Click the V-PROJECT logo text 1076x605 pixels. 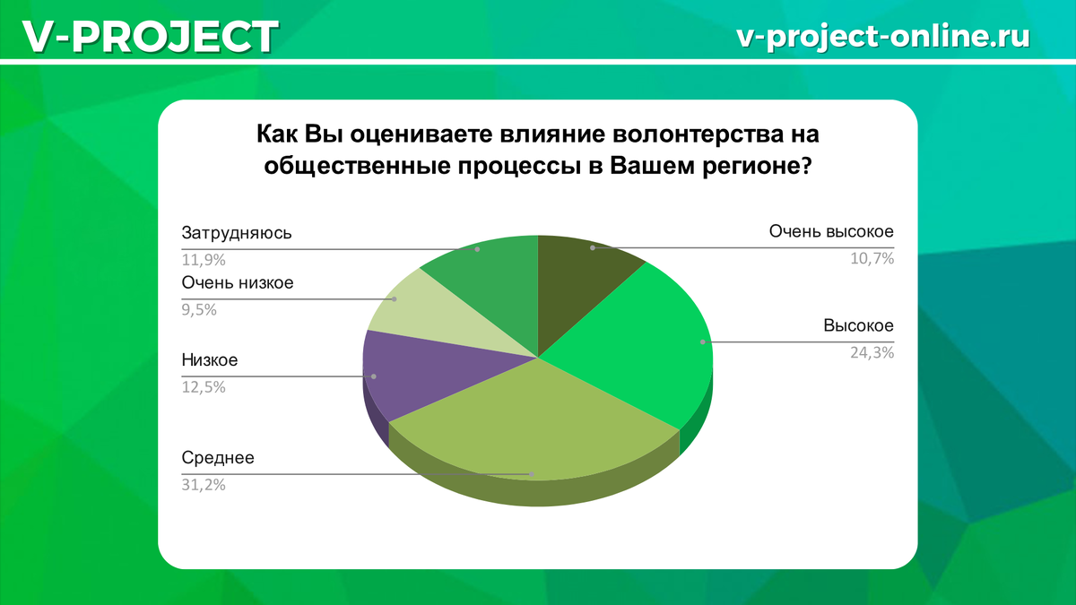tap(150, 37)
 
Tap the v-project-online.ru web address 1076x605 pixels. tap(883, 36)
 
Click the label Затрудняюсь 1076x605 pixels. tap(237, 233)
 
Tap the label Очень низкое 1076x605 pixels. tap(238, 282)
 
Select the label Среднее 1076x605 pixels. tap(218, 458)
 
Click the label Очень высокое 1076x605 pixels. tap(831, 231)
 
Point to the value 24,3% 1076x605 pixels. tap(872, 353)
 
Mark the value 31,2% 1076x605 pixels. tap(204, 485)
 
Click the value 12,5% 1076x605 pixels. tap(204, 387)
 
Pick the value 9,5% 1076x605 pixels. tap(199, 310)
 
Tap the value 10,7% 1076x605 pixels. tap(872, 259)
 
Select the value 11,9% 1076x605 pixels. tap(204, 260)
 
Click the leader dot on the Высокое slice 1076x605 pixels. tap(703, 341)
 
